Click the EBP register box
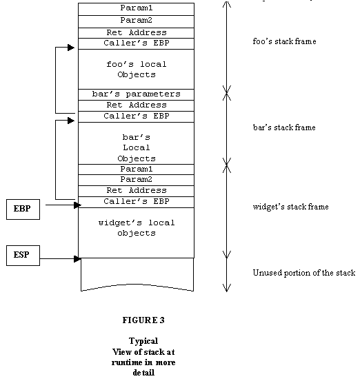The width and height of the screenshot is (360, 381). click(23, 209)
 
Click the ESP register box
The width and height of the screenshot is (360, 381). click(23, 256)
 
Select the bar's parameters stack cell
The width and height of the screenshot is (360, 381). click(137, 94)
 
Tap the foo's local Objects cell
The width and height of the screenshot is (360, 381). click(137, 70)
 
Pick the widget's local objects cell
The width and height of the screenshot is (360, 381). click(137, 233)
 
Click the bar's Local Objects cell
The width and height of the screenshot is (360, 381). click(137, 143)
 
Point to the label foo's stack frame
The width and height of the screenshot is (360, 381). click(284, 41)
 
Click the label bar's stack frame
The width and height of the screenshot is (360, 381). click(284, 127)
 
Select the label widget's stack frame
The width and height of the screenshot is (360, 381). click(290, 207)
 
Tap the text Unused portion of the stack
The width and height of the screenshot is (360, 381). click(304, 273)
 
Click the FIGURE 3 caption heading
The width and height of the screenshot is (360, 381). click(143, 320)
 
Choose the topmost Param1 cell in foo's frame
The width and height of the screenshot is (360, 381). click(137, 9)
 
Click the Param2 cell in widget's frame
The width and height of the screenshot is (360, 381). click(137, 181)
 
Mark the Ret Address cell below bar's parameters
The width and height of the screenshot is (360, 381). click(137, 105)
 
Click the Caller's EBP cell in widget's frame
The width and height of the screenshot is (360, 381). click(137, 202)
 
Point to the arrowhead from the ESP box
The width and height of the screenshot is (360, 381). click(77, 259)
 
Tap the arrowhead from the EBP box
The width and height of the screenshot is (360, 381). click(77, 205)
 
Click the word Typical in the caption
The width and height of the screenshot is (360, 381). click(143, 341)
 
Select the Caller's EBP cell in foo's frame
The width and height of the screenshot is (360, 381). click(137, 43)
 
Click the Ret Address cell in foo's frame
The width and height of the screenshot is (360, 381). click(137, 33)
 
